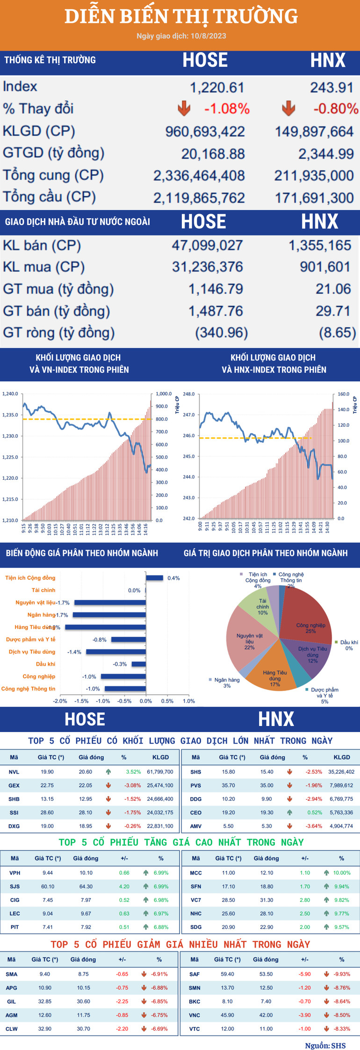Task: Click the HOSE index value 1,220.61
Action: [216, 87]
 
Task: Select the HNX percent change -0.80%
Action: [335, 109]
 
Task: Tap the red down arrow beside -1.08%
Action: [184, 108]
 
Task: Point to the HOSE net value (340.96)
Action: [221, 333]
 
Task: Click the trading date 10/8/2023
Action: [208, 36]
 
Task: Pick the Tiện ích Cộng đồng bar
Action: [154, 578]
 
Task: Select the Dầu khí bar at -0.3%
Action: [138, 664]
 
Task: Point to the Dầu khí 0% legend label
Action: [349, 645]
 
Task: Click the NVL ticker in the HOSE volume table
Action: [14, 772]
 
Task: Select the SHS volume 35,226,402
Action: [341, 772]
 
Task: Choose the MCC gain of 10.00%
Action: [342, 873]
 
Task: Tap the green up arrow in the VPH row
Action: [146, 873]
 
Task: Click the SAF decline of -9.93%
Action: [342, 974]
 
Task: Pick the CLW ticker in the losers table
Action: [12, 1028]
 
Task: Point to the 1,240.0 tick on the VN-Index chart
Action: [10, 394]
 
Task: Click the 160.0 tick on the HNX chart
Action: [343, 394]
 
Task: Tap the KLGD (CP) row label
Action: [39, 131]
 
